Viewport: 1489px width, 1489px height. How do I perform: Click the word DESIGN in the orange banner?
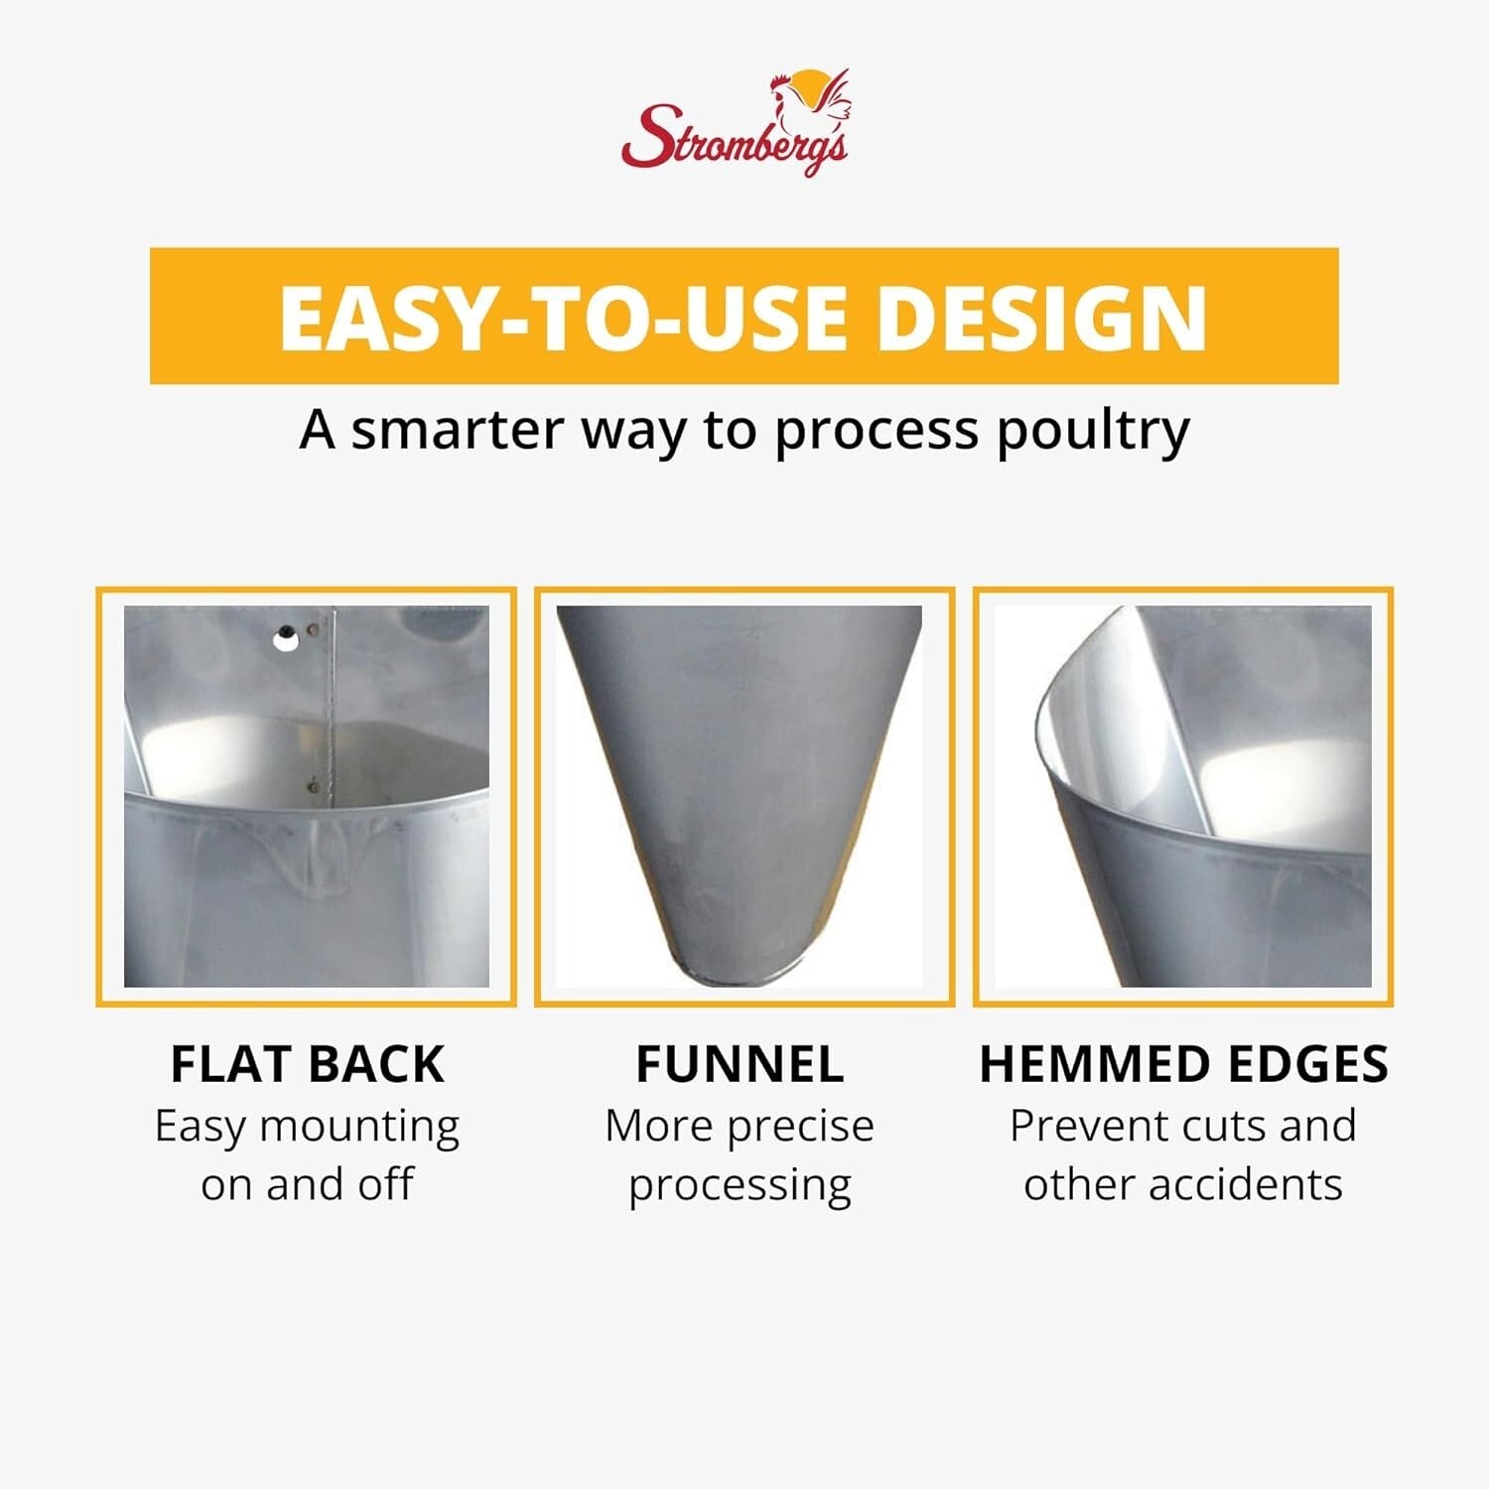1042,318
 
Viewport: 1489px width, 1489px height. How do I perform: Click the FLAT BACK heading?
307,1064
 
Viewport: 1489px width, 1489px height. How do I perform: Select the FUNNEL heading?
740,1064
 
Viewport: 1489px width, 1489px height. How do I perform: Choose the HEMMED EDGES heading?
1183,1064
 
